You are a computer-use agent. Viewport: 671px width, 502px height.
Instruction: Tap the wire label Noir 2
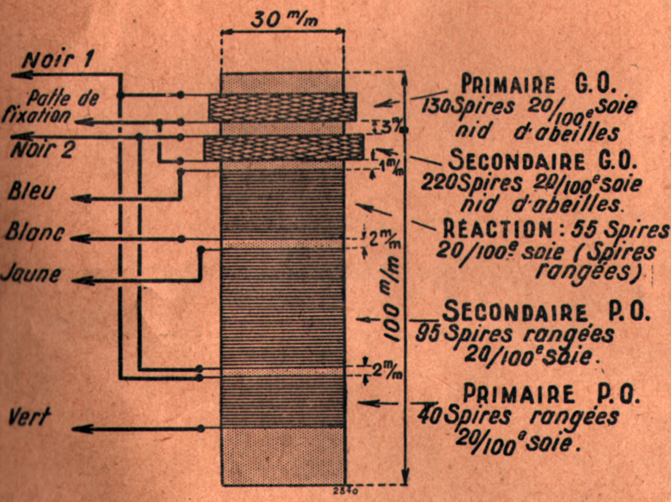click(43, 150)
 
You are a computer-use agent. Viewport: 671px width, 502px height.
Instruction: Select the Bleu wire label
click(32, 191)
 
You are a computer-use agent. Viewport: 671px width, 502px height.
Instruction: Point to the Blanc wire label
click(35, 232)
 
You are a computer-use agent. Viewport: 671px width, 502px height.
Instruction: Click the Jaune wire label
click(31, 274)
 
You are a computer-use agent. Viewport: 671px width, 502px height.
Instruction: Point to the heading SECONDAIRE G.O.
click(542, 161)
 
